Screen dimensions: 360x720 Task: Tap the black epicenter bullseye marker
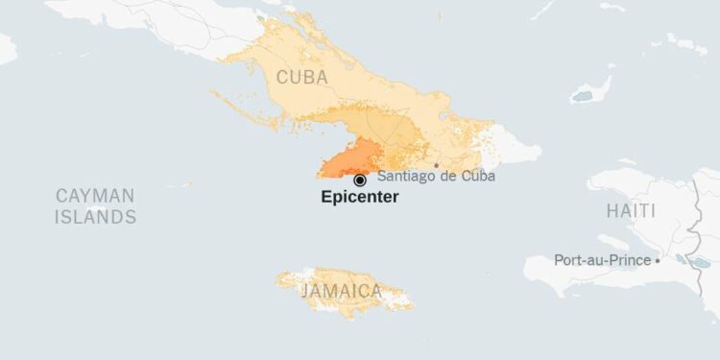pos(360,180)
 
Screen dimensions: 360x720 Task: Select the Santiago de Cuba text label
pos(436,176)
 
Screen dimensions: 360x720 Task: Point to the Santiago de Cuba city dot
pos(436,165)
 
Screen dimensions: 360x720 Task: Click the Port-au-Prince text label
pos(602,259)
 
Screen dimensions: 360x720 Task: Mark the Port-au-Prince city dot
pos(658,260)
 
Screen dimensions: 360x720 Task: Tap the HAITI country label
pos(631,210)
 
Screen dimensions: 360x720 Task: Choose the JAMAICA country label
pos(342,290)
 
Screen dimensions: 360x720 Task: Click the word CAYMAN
pos(95,196)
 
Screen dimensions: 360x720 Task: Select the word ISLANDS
pos(95,217)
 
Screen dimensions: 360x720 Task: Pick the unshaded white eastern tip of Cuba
pos(514,149)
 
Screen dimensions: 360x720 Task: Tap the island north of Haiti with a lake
pos(591,90)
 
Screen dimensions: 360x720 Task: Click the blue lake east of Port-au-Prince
pos(683,260)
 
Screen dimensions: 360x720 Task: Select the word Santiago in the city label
pos(405,176)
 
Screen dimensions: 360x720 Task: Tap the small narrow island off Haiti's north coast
pos(629,162)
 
